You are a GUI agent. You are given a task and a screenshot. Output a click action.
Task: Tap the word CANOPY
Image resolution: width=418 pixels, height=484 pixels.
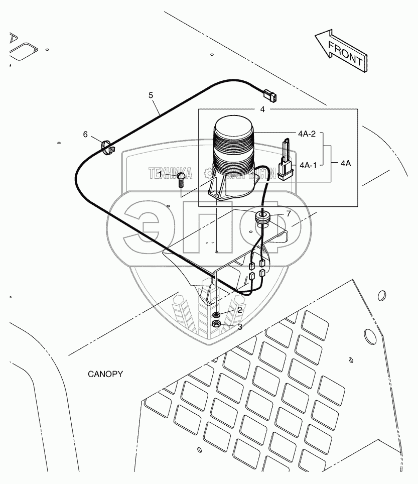[105, 374]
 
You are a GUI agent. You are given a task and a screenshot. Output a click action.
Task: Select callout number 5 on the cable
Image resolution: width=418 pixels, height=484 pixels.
[151, 94]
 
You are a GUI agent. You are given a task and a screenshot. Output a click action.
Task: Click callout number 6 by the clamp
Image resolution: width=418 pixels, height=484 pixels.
[85, 134]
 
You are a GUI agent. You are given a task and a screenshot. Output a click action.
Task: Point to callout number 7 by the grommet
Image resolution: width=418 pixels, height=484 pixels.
[288, 213]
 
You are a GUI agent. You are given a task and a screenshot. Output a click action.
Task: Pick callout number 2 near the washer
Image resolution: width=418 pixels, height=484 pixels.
[240, 310]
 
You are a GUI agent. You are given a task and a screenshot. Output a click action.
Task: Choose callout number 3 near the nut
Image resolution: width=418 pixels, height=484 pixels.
[240, 327]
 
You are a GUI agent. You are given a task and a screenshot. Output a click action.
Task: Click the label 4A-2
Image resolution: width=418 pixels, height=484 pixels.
[306, 134]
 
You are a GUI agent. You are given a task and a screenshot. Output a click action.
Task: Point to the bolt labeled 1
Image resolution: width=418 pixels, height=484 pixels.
[182, 179]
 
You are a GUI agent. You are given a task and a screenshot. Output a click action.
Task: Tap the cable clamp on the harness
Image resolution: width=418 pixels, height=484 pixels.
[107, 148]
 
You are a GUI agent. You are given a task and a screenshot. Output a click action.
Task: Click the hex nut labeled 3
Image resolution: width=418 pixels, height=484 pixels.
[217, 324]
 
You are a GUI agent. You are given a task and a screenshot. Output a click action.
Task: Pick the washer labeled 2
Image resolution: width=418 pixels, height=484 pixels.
[216, 314]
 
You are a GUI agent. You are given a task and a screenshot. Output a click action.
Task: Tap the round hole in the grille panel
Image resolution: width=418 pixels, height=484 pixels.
[369, 335]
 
